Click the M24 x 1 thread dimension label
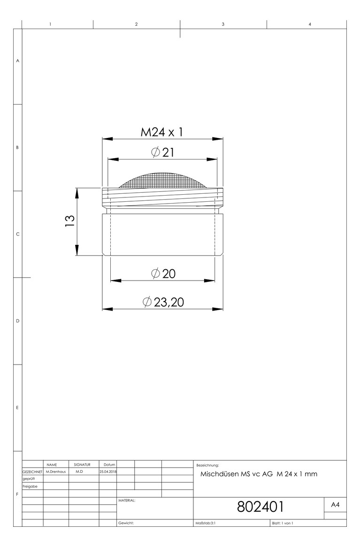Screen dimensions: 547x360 tap(161, 132)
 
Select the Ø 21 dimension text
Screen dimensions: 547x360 tap(162, 152)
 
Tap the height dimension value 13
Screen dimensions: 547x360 tap(70, 220)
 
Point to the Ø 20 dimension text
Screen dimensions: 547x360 tap(163, 273)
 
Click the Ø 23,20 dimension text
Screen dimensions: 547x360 tap(162, 302)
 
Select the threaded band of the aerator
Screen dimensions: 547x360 tap(162, 197)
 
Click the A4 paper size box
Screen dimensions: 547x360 tap(335, 505)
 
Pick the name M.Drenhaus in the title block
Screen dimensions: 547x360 tap(56, 471)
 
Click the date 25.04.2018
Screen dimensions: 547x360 tap(107, 471)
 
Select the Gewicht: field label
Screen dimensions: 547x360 tap(126, 523)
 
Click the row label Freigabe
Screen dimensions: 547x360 tap(31, 486)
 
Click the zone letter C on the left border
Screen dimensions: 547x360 tap(18, 234)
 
